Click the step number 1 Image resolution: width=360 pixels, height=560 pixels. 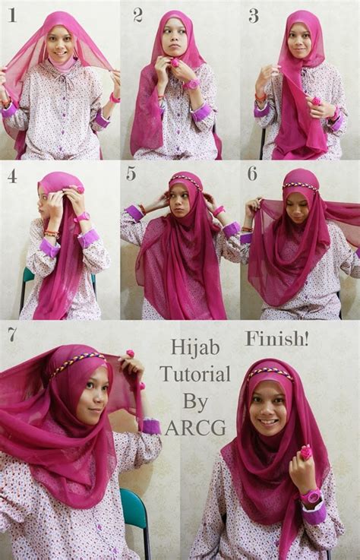point(12,15)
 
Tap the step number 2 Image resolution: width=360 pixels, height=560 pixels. point(137,14)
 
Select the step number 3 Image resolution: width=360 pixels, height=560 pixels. point(253,15)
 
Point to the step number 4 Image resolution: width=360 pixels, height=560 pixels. point(12,175)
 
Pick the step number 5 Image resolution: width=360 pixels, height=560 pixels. point(131,174)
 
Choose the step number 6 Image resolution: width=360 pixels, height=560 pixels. point(252,173)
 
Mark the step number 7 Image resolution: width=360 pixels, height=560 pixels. point(11,334)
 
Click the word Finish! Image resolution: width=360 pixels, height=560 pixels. point(271,337)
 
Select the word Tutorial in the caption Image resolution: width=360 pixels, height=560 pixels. point(194,374)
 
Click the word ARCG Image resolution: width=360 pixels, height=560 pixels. point(195,427)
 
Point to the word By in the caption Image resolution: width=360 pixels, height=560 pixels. point(195,400)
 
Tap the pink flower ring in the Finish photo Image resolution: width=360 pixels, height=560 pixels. point(306,453)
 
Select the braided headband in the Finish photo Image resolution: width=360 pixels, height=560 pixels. point(270,372)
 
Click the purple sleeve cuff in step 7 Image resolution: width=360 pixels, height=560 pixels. point(151,426)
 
